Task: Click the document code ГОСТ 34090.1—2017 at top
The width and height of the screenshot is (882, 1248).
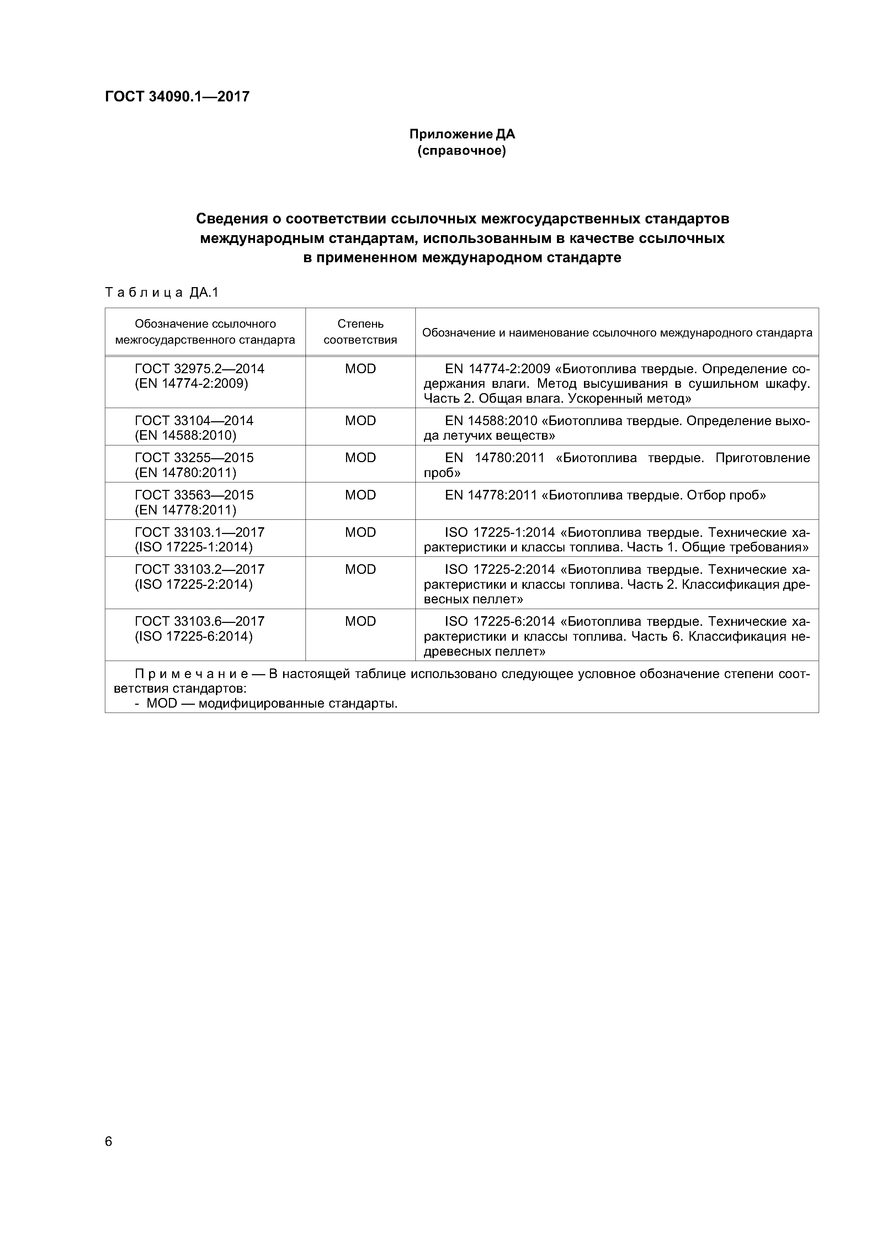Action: [177, 97]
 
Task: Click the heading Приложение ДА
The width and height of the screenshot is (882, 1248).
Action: [462, 134]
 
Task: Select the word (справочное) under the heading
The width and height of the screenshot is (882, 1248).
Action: [462, 150]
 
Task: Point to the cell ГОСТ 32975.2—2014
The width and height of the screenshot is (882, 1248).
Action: [200, 369]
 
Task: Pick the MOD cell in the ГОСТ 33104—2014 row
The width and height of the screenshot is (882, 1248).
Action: [360, 421]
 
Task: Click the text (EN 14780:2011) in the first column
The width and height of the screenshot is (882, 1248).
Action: [185, 473]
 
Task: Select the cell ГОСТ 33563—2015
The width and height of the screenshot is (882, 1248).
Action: [194, 495]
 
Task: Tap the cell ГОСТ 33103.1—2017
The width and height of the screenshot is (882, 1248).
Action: [200, 532]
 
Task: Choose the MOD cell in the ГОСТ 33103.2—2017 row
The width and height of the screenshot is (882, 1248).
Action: [360, 570]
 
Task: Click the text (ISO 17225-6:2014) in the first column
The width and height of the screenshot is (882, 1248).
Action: [193, 636]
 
